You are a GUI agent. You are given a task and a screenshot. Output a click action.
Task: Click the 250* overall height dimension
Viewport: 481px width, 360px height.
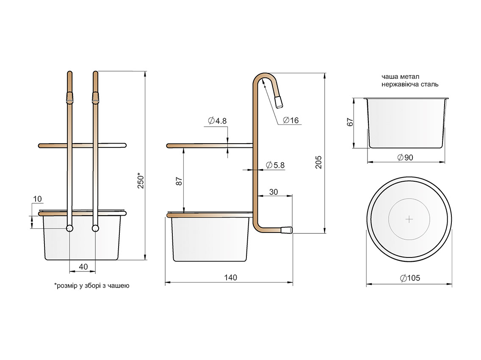[141, 180]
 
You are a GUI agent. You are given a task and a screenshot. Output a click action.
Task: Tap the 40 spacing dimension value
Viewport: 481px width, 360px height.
[83, 266]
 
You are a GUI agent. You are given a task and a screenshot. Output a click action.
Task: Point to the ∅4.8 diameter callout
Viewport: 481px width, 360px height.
[218, 121]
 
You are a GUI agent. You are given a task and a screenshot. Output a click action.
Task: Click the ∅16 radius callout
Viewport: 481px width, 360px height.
[290, 120]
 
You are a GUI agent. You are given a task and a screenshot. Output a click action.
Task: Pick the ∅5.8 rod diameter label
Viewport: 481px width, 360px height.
[275, 165]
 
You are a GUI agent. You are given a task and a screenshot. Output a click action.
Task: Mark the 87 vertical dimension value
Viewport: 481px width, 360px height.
[179, 181]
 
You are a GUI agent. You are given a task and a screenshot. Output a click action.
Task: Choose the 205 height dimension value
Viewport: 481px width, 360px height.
[319, 162]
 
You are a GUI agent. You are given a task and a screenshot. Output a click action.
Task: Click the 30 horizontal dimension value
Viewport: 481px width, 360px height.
[274, 192]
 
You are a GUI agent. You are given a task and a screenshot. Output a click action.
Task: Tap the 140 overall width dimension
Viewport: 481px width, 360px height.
[231, 278]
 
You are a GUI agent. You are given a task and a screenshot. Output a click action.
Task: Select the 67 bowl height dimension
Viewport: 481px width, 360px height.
[350, 122]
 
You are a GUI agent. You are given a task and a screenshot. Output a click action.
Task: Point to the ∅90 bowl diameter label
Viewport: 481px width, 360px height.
[405, 158]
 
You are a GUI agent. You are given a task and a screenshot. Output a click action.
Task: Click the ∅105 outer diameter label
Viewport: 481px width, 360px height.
[409, 278]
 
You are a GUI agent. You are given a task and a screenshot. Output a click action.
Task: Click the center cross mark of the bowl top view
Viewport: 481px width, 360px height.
[409, 219]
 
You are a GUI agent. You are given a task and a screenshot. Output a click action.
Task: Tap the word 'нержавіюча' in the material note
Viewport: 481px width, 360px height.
[398, 85]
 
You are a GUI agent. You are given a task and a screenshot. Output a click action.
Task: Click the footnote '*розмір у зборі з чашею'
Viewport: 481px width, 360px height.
[91, 286]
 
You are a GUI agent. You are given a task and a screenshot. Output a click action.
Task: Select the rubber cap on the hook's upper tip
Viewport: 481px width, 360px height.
[279, 102]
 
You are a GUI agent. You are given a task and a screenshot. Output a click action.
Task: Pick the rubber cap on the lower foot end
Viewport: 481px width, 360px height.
[287, 230]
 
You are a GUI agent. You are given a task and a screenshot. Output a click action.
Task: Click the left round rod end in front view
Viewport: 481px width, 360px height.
[69, 228]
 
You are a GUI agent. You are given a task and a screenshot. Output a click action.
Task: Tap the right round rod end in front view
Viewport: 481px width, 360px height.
[95, 228]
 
